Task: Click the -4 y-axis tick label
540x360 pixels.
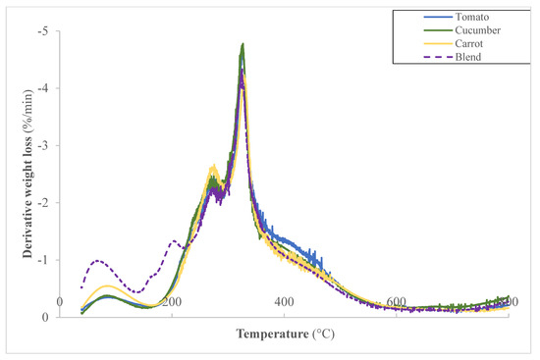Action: tap(42, 89)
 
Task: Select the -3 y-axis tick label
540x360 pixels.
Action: tap(42, 146)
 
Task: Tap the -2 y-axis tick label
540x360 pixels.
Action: tap(42, 203)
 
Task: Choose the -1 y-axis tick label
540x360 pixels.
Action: tap(42, 260)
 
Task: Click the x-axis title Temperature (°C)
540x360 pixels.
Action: tap(285, 334)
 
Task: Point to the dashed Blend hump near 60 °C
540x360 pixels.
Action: tap(96, 261)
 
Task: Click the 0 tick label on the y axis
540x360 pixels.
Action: tap(47, 317)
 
